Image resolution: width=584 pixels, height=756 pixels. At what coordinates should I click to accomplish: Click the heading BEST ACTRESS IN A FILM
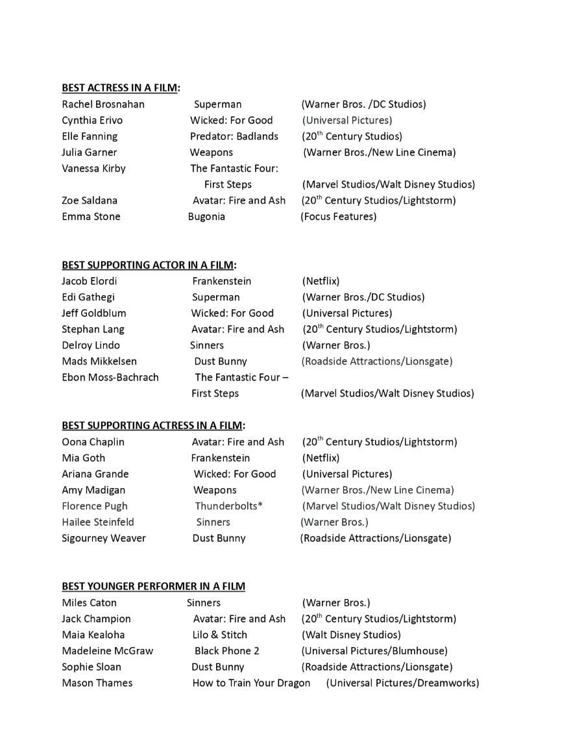coord(121,88)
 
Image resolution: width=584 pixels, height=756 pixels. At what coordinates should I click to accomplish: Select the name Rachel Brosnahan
coord(103,104)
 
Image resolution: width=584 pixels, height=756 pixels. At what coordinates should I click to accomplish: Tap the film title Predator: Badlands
coord(234,136)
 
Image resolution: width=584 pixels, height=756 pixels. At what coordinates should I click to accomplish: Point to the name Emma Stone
coord(91,216)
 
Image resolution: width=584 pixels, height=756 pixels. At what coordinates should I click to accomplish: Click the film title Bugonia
coord(206,216)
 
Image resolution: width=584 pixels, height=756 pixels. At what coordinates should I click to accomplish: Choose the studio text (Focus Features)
coord(338,216)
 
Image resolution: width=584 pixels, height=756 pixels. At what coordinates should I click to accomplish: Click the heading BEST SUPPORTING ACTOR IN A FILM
coord(149,265)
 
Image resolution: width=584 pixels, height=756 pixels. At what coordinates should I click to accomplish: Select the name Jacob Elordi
coord(90,281)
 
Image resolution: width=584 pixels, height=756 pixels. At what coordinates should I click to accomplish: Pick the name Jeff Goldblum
coord(94,313)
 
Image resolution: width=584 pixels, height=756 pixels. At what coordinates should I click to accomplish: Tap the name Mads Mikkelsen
coord(99,361)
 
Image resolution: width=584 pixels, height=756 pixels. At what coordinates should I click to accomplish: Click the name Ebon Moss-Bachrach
coord(110,377)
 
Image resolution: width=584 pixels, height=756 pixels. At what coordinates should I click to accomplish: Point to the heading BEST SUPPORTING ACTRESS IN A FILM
coord(153,425)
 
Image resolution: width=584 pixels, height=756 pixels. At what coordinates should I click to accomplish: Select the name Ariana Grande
coord(95,474)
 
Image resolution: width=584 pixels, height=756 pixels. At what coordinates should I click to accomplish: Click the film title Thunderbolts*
coord(228,506)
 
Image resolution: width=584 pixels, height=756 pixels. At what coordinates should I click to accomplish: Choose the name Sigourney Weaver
coord(104,537)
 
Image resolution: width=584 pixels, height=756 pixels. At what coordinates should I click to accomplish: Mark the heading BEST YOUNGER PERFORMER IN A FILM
coord(153,586)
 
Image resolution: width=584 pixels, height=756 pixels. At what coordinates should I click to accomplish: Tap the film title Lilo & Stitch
coord(220,635)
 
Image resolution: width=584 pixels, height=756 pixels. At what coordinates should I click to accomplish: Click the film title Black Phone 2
coord(226,650)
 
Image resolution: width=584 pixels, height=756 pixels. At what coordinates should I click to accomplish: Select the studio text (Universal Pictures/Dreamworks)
coord(402,683)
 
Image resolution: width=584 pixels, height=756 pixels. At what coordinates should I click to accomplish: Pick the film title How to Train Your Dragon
coord(251,683)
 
